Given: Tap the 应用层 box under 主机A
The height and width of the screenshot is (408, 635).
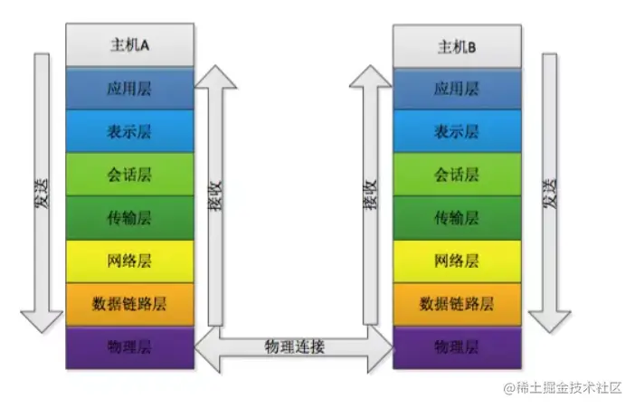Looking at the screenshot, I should (130, 90).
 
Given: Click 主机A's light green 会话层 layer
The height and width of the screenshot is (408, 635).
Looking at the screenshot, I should (130, 175).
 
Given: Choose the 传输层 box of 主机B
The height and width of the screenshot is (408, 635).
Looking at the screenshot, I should (457, 218).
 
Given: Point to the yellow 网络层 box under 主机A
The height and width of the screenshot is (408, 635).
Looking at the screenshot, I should (130, 261).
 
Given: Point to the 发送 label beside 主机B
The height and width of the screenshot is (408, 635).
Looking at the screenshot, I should (549, 192).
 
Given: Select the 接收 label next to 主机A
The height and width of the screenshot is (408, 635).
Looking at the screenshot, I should (214, 192).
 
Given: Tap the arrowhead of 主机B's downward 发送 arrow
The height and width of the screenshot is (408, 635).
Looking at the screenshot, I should (549, 320).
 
